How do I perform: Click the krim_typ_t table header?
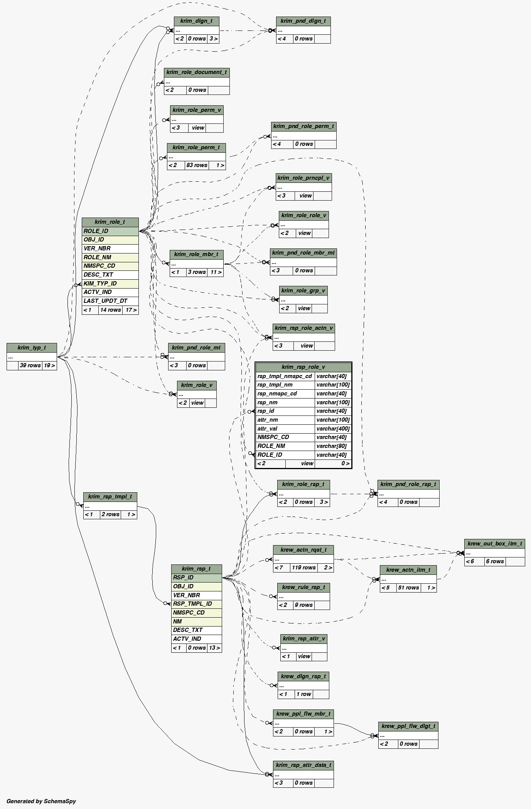point(32,348)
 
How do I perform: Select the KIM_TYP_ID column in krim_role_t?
point(110,284)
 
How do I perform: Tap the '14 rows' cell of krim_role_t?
point(110,310)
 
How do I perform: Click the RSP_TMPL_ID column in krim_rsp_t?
point(196,604)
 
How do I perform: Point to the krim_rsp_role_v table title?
point(303,367)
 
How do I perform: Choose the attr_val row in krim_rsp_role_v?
point(285,429)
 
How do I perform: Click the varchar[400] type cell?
point(333,429)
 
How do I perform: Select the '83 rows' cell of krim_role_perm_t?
point(197,165)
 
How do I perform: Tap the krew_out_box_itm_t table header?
point(494,544)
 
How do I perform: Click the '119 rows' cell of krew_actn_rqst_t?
point(303,567)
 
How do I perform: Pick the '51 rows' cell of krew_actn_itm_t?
point(408,588)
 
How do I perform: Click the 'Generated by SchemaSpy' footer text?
point(41,801)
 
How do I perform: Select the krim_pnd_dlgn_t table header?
point(303,21)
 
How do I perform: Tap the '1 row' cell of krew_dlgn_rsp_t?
point(303,694)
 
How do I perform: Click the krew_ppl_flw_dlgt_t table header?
point(408,726)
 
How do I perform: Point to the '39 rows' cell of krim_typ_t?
point(30,365)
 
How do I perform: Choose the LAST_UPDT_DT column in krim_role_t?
point(110,301)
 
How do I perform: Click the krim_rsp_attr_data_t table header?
point(303,765)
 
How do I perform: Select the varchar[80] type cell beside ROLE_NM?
point(333,446)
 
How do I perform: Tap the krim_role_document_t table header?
point(197,72)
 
